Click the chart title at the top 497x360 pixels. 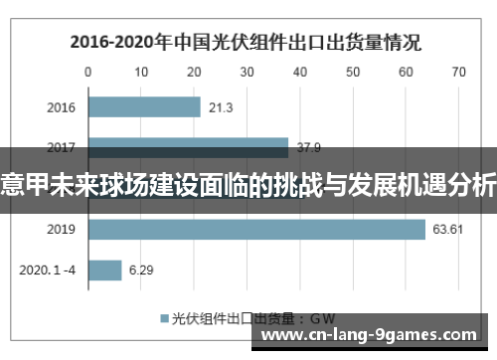244,43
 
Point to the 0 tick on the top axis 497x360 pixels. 87,72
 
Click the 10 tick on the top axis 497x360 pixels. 140,72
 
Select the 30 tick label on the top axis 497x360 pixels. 247,72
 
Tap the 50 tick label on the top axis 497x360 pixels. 352,72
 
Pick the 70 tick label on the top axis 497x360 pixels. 457,72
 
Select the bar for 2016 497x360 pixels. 144,106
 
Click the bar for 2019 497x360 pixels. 256,230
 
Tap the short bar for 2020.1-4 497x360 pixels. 104,270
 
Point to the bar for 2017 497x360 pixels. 188,144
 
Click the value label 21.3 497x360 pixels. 222,107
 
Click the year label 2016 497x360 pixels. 62,107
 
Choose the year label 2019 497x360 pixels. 62,230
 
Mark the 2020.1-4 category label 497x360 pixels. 50,270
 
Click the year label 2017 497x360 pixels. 62,146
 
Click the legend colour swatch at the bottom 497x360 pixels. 164,319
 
